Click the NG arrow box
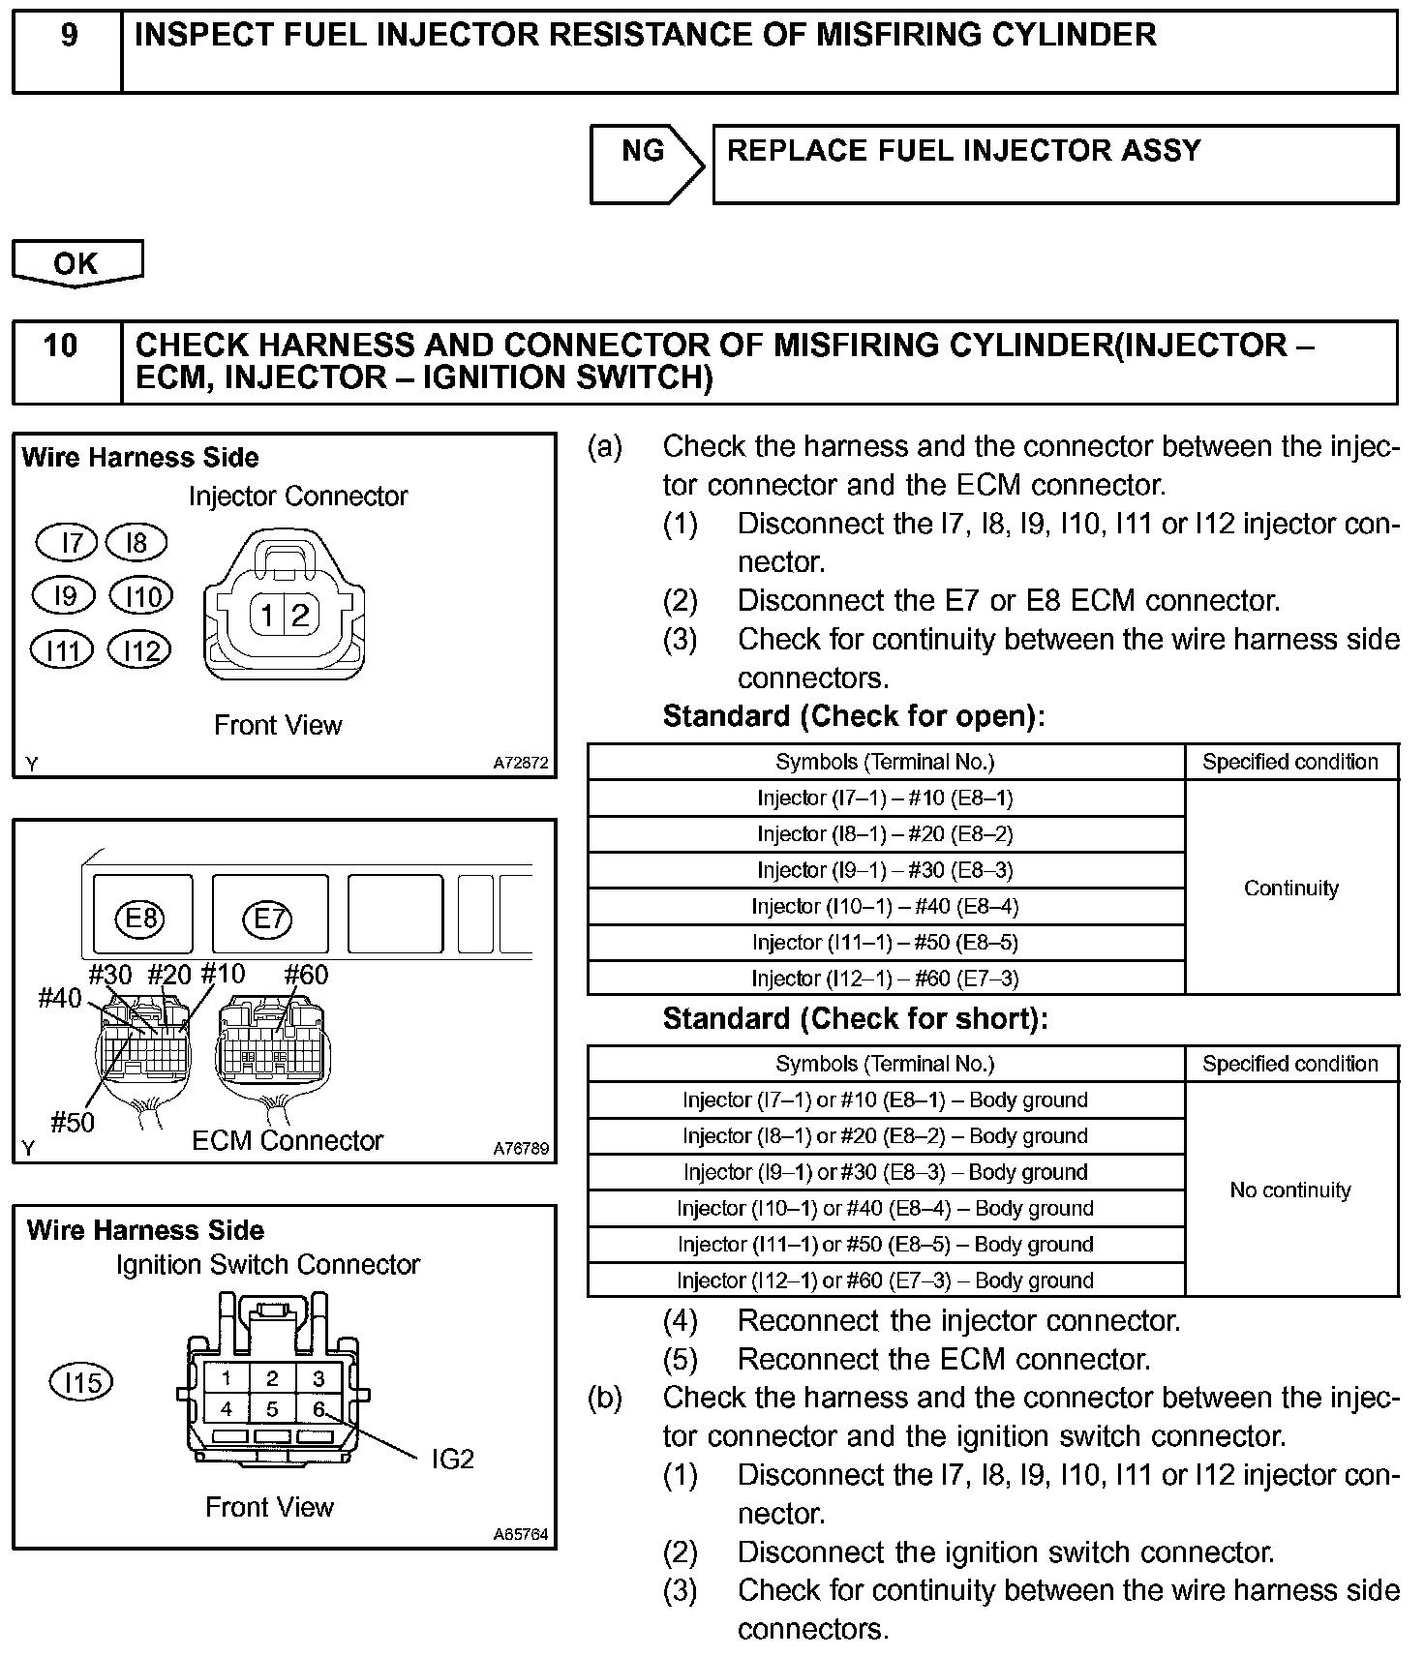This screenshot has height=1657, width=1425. pos(644,164)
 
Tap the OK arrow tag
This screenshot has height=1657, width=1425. pos(76,262)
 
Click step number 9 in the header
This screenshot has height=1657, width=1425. pos(68,36)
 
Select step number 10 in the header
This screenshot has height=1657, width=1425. pos(61,346)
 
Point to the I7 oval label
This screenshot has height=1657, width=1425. pos(67,542)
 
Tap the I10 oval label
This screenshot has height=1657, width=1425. pos(142,596)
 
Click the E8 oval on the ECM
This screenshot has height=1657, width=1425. pos(141,916)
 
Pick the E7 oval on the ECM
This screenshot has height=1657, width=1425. pos(268,916)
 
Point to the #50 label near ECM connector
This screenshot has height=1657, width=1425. pos(73,1122)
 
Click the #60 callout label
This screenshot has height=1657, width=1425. pos(306,975)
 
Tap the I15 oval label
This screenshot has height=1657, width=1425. pos(81,1382)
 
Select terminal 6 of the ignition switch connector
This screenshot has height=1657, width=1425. pos(318,1409)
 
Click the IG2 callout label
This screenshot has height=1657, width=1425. pos(452,1459)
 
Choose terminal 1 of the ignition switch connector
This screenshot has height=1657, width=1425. pos(226,1378)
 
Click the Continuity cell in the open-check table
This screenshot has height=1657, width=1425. pos(1290,888)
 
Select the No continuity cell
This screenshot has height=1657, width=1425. pos(1290,1190)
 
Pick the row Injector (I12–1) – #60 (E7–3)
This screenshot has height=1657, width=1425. pos(885,978)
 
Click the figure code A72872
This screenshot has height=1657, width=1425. pos(521,763)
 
